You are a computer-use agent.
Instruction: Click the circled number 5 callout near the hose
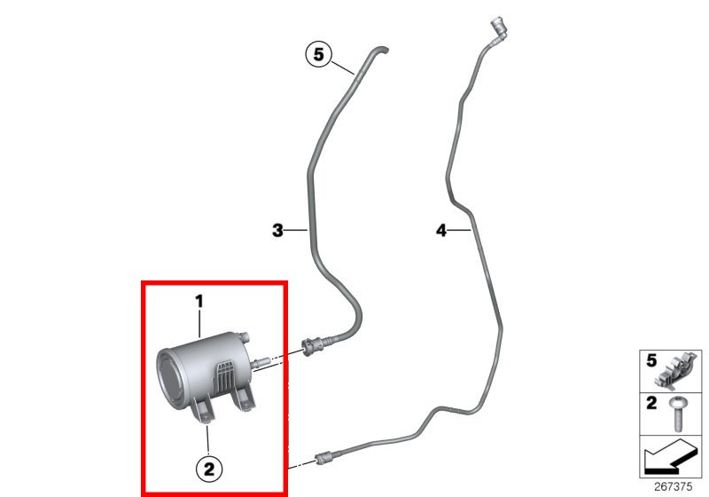pos(319,54)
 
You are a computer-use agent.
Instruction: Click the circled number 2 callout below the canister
pos(209,469)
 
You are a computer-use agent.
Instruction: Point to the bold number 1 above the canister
pos(199,302)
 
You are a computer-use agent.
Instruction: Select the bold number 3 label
pos(277,231)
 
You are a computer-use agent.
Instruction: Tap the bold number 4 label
pos(441,231)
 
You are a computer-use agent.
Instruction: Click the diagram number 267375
pos(673,486)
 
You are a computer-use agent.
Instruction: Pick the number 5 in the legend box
pos(651,360)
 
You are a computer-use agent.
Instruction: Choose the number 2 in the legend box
pos(651,403)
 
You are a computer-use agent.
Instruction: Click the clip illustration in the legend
pos(678,371)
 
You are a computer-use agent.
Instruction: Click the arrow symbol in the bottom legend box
pos(670,456)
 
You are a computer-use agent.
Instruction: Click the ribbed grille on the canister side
pos(225,375)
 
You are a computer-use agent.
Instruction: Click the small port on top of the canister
pos(245,337)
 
